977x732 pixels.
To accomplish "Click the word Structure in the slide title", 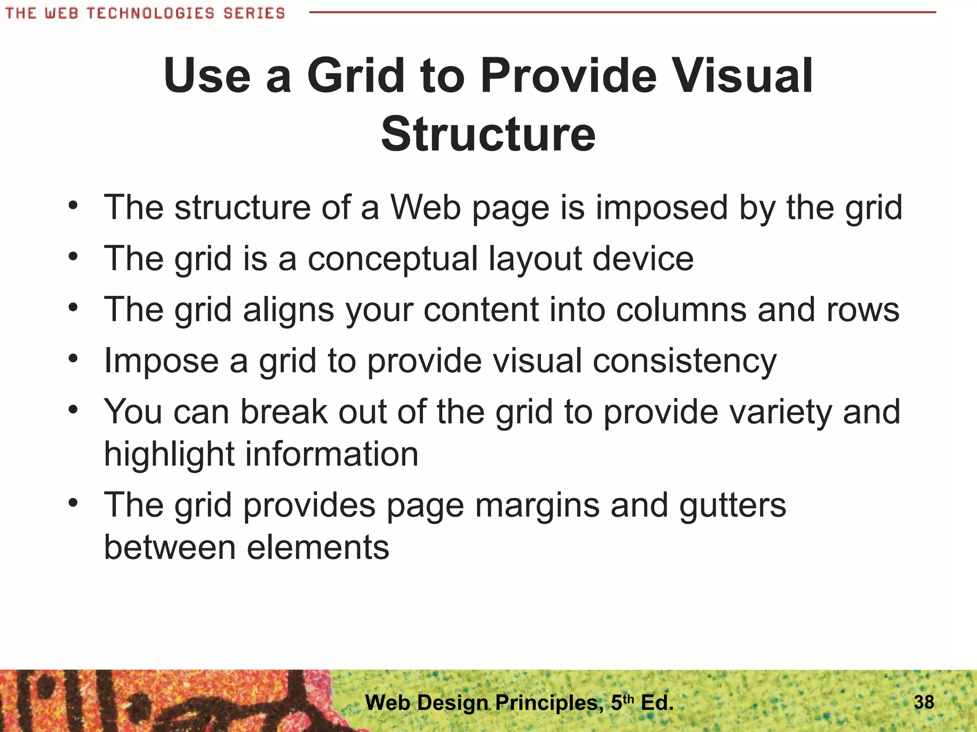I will (x=488, y=134).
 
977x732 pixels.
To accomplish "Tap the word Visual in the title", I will (x=745, y=76).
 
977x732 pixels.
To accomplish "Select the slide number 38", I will (x=924, y=702).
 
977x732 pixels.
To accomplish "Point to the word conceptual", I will (x=393, y=259).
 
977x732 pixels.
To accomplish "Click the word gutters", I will (x=733, y=505).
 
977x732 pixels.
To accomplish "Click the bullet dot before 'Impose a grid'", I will (x=73, y=358).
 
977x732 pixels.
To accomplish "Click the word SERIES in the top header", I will (x=254, y=13).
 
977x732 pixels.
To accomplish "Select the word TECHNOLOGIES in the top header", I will (x=150, y=13).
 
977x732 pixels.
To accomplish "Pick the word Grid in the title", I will (x=355, y=76).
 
